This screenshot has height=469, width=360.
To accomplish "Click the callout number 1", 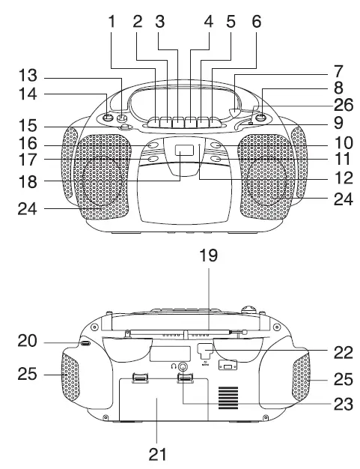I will (x=113, y=22).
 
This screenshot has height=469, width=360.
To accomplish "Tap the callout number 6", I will (x=257, y=22).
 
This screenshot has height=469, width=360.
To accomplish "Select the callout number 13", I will (x=28, y=76).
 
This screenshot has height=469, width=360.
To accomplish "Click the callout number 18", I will (x=28, y=180).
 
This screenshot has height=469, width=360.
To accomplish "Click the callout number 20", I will (x=28, y=341).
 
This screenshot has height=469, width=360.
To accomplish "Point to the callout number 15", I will (x=28, y=124).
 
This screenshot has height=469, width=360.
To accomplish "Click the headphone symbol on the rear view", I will (x=174, y=366).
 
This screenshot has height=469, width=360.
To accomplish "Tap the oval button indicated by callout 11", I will (x=216, y=158).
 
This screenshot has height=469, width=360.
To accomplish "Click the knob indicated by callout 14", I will (x=109, y=118).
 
